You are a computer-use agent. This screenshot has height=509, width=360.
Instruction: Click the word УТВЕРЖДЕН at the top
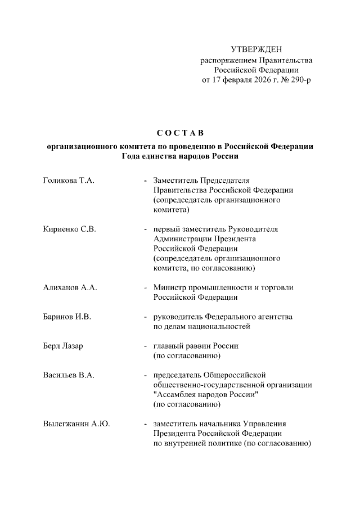pos(256,50)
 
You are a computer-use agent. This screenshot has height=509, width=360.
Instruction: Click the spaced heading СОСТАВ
pos(179,133)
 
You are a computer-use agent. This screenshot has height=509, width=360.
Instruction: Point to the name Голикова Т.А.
pos(68,181)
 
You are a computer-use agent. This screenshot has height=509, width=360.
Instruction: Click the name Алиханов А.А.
pos(70,287)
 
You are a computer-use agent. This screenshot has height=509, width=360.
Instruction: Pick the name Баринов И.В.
pos(67,317)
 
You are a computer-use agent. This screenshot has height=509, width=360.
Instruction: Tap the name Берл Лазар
pos(63,346)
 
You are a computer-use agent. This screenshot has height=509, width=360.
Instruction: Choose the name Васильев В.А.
pos(68,375)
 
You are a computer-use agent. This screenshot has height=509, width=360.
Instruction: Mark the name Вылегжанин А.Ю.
pos(76,424)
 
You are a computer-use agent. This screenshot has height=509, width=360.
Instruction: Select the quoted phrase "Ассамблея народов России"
pos(205,394)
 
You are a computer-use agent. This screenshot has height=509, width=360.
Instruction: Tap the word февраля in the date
pos(228,80)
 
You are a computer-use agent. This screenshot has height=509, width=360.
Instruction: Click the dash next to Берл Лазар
pos(146,346)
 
